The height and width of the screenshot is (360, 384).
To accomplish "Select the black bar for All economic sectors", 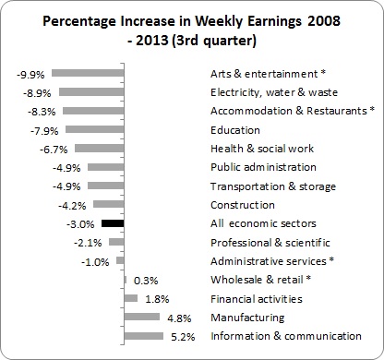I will click(113, 223).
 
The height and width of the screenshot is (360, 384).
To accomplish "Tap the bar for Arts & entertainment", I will click(88, 73).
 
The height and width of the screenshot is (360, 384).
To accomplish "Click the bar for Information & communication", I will click(143, 336).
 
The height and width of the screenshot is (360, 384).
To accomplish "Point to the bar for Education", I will click(94, 129).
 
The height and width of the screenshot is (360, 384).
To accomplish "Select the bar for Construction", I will click(108, 204).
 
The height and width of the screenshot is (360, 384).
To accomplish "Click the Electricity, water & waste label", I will click(274, 92).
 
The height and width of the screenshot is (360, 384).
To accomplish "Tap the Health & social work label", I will click(261, 149).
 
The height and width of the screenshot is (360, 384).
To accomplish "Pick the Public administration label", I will click(263, 167).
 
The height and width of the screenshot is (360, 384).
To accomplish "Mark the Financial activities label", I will click(256, 298).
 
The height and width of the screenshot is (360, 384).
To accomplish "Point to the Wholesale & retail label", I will click(260, 280).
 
